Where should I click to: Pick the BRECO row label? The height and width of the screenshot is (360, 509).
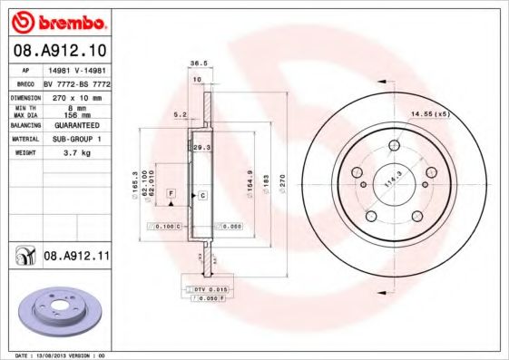click(x=25, y=83)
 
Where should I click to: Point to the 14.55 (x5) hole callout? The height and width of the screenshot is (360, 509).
click(x=430, y=113)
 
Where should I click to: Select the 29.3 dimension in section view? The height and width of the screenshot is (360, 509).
click(x=202, y=146)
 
